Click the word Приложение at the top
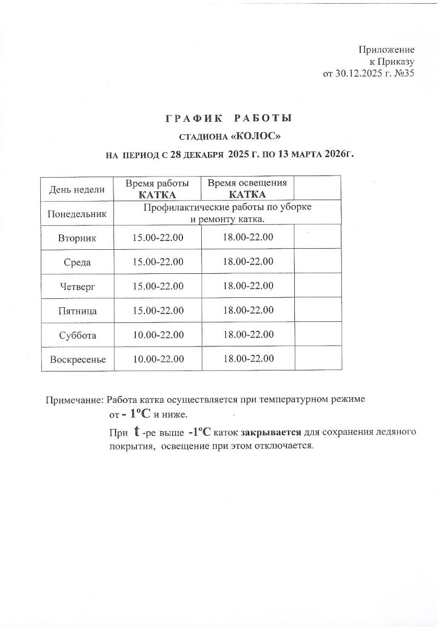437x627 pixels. click(x=386, y=50)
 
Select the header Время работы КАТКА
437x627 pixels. click(x=157, y=189)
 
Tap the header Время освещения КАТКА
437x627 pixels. click(x=247, y=189)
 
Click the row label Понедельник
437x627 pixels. click(x=77, y=214)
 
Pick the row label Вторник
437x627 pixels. click(x=77, y=238)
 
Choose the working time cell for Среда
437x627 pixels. click(x=158, y=262)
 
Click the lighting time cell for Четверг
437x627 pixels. click(x=248, y=286)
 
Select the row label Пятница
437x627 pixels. click(x=77, y=311)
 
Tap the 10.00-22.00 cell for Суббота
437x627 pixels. click(x=158, y=335)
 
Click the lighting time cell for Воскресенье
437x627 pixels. click(x=248, y=359)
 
